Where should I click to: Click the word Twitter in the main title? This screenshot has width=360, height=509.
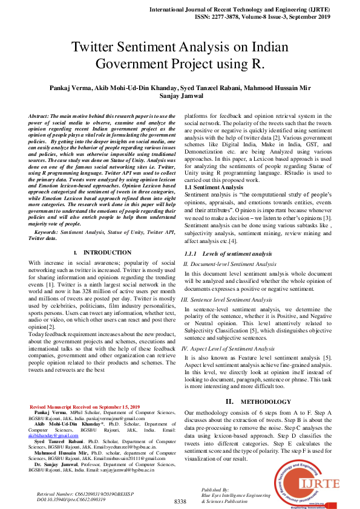(x=96, y=48)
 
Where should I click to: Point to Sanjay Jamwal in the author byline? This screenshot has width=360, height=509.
(x=180, y=97)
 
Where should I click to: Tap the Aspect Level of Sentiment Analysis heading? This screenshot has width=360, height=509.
(x=228, y=349)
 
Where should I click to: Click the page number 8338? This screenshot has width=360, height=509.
(x=180, y=502)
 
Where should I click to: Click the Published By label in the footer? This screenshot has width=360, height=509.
(x=215, y=489)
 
